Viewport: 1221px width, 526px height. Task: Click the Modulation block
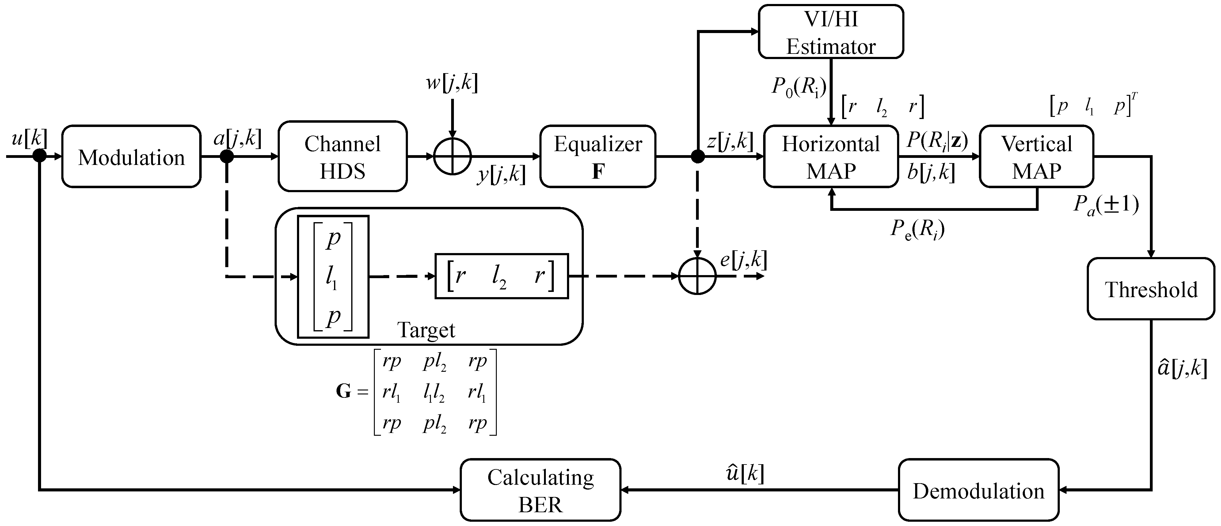point(131,157)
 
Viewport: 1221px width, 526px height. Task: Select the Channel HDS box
point(342,157)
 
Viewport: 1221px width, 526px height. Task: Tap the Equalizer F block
point(598,157)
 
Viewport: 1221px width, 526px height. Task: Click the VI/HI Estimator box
point(831,32)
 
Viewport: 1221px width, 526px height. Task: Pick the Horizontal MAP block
point(831,157)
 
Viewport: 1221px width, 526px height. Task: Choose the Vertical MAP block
point(1036,157)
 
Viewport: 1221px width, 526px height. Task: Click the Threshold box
point(1151,289)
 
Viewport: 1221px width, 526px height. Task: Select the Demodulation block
point(978,491)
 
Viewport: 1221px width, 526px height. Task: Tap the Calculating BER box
point(540,491)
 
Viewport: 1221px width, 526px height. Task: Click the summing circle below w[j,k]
point(452,156)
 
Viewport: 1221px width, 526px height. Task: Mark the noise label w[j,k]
point(452,83)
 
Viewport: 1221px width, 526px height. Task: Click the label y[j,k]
point(501,175)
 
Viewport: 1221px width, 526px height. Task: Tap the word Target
point(426,330)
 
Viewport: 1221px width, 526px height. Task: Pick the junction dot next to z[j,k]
point(697,156)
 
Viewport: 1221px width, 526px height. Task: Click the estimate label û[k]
point(745,473)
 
